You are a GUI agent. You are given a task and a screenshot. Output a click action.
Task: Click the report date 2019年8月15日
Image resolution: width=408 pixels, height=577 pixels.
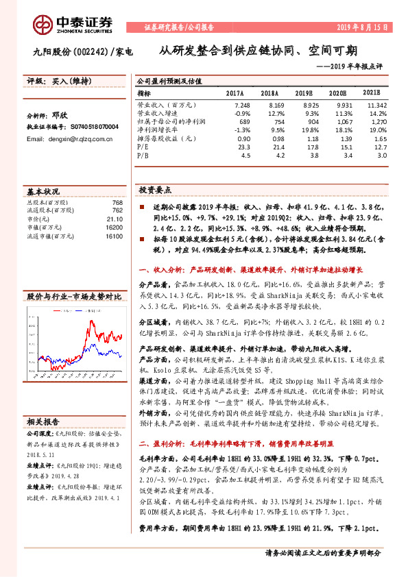tap(365, 27)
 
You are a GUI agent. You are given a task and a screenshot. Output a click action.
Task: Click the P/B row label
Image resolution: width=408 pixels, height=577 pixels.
tap(143, 155)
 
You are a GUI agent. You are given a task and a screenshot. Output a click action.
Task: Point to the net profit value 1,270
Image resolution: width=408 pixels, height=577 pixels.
tap(379, 120)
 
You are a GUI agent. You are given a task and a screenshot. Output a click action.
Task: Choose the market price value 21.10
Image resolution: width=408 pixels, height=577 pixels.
tap(115, 219)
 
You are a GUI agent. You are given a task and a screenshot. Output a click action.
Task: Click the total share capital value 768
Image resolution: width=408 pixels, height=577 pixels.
tap(117, 203)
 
